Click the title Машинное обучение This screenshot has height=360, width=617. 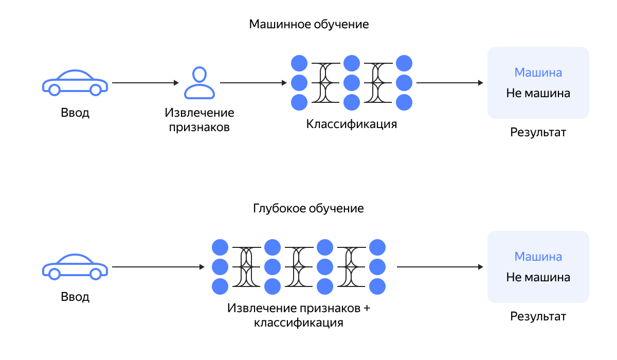(x=308, y=24)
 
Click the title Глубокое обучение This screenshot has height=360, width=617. (x=308, y=209)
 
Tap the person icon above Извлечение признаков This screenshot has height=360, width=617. (x=199, y=83)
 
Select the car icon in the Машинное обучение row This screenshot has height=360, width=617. (x=75, y=83)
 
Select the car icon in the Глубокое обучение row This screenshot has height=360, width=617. (x=75, y=267)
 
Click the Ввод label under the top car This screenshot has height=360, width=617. (x=75, y=113)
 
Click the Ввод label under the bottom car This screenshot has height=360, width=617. (x=75, y=297)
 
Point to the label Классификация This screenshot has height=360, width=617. (x=352, y=124)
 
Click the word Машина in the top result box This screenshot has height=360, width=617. (x=538, y=73)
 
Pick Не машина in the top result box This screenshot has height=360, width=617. (x=538, y=94)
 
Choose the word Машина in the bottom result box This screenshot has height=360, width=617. (x=538, y=257)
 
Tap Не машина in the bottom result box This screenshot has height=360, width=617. (x=538, y=277)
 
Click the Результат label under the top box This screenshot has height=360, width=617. (x=538, y=132)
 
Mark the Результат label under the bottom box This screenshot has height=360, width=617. (x=538, y=316)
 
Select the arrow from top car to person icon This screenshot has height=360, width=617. (x=145, y=83)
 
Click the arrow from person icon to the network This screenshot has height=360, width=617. (x=253, y=83)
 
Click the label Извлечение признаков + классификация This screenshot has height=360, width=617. (x=298, y=316)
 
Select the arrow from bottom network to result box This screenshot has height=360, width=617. (x=440, y=267)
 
